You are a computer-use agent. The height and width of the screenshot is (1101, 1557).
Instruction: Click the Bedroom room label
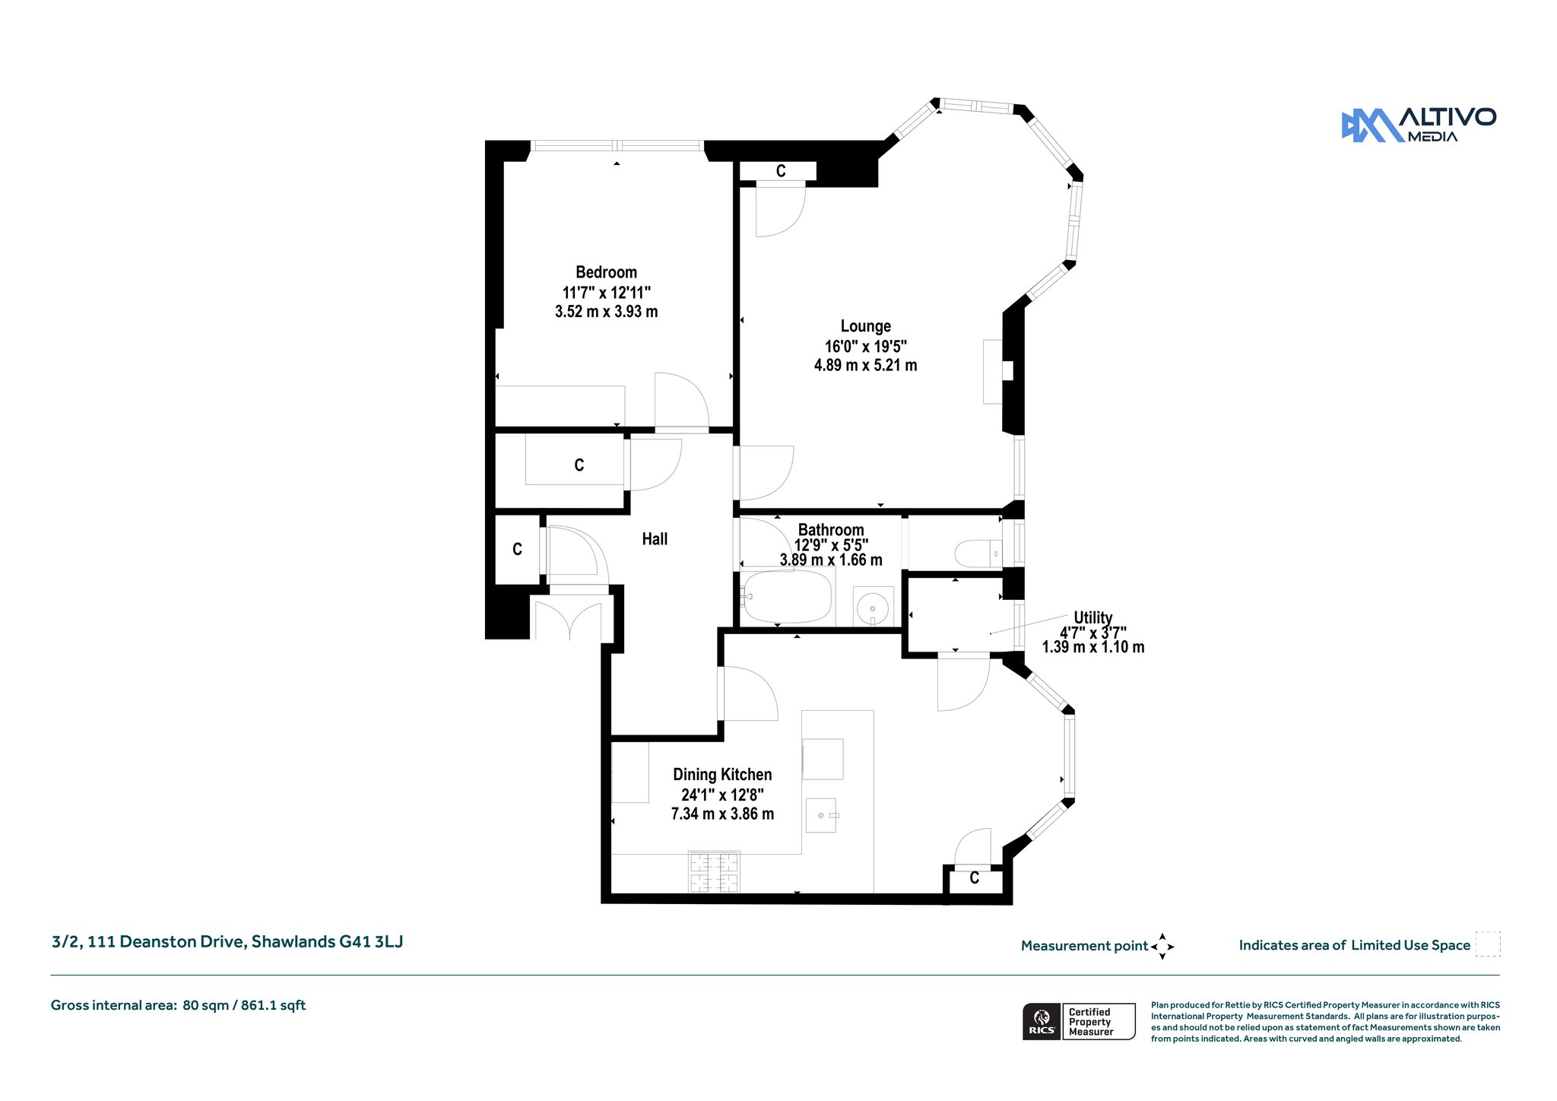[x=606, y=272]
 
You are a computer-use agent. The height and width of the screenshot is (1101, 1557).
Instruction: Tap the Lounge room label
[x=865, y=326]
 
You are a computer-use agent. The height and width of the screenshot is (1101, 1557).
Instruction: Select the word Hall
[x=655, y=539]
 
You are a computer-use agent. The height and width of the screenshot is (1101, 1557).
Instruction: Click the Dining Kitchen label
[x=722, y=775]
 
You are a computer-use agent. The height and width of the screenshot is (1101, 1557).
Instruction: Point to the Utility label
[x=1092, y=617]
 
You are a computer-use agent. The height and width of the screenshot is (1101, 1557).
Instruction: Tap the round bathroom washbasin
[x=873, y=608]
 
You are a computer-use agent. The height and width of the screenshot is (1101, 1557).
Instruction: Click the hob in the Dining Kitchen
[x=714, y=872]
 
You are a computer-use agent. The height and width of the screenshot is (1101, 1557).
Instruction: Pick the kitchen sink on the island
[x=821, y=815]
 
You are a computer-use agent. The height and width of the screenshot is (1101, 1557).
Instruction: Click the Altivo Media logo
[x=1419, y=125]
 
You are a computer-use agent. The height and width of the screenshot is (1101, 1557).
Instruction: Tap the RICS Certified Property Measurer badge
[x=1079, y=1022]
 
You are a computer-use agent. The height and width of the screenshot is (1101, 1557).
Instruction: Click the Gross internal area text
[x=178, y=1005]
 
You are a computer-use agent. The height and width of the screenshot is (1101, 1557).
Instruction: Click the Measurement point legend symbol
[x=1162, y=947]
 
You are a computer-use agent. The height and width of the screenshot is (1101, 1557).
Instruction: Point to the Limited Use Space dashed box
[x=1488, y=944]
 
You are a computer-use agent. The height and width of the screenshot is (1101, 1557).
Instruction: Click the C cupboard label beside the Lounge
[x=781, y=171]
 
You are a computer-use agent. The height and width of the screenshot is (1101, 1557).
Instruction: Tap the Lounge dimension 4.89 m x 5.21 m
[x=865, y=366]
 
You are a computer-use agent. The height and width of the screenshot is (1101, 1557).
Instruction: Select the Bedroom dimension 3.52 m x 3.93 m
[x=606, y=312]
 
